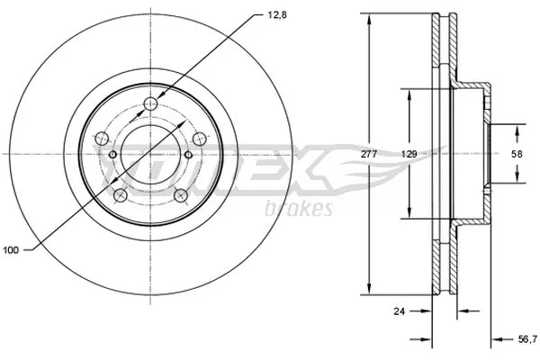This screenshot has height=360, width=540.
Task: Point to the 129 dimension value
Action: click(409, 155)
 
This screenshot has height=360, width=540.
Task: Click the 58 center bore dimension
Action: click(516, 155)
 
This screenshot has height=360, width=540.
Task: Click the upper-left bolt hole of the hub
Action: click(103, 138)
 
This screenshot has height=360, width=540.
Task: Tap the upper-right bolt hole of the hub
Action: click(198, 138)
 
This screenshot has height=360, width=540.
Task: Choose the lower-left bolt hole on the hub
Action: click(120, 193)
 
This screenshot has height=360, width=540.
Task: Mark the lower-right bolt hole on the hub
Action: click(180, 193)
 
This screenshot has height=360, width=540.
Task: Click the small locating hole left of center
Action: click(112, 155)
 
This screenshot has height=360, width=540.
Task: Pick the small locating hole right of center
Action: click(188, 155)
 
